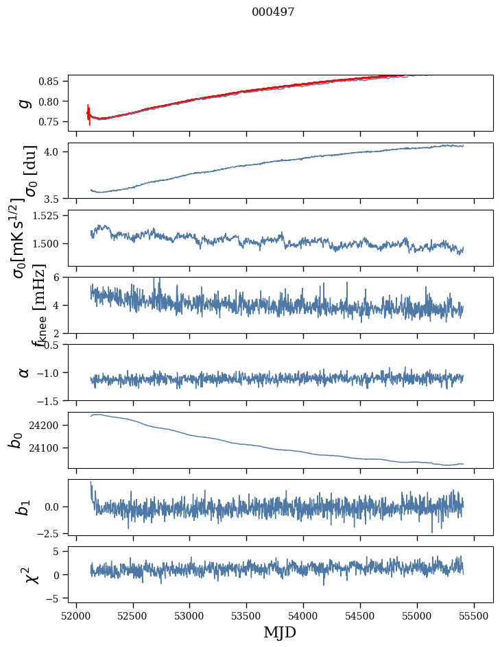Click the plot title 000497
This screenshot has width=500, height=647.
pos(273,12)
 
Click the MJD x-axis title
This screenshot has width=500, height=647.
pos(279,633)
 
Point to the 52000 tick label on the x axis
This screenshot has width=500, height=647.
pos(76,615)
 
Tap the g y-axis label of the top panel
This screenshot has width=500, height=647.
pos(25,103)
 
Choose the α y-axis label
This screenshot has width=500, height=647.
pos(25,372)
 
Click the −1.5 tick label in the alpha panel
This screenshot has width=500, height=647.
pos(51,400)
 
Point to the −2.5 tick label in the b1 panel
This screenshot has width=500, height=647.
pos(51,533)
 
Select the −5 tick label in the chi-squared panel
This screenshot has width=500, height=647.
pos(57,598)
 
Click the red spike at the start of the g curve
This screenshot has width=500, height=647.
pos(89,113)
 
